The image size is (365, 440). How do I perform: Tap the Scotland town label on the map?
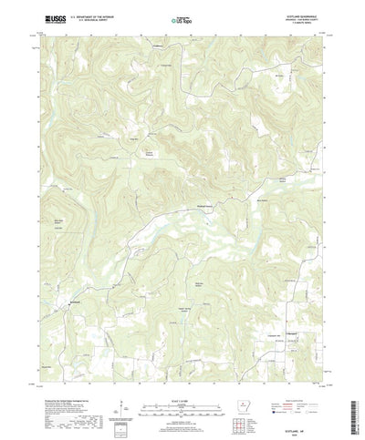coord(78,301)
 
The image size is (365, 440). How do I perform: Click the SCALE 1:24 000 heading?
coord(180,371)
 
